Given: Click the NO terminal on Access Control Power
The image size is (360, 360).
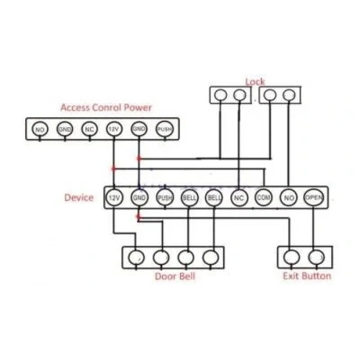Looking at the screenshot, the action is pos(40,129).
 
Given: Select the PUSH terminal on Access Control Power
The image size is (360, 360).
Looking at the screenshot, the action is pos(165,129).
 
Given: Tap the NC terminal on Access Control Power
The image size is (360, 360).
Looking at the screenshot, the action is pos(89,129).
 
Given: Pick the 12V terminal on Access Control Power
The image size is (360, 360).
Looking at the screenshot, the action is pos(114,129).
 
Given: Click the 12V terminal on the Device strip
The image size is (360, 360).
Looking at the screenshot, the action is pos(114,197).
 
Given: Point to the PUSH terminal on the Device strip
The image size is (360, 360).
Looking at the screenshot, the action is pos(165,197).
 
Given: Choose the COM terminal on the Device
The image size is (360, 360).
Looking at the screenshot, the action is pos(263,197).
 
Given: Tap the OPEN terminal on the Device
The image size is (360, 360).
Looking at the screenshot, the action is pos(314,197).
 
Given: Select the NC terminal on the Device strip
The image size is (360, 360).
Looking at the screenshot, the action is pos(239,197).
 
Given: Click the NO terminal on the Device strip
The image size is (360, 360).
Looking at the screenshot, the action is pos(289,197).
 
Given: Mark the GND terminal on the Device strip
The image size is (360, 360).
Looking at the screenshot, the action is pos(139,197).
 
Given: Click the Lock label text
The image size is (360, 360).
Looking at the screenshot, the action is pos(255,82).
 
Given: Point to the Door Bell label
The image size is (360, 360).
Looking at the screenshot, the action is pos(175,276).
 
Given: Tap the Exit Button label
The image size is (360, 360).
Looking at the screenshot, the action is pos(307,276).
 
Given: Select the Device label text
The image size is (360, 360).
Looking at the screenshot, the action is pos(79,197).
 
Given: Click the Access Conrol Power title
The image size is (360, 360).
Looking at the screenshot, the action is pos(106,107).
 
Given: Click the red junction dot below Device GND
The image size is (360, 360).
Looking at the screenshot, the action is pos(138,217).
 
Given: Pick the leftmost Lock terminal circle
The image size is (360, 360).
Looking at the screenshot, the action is pos(221,95).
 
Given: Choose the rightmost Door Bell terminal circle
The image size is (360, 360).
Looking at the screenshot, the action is pos(211,257).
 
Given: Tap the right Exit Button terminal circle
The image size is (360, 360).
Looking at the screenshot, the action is pos(317,257).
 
